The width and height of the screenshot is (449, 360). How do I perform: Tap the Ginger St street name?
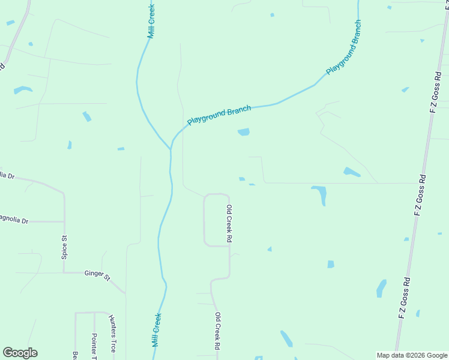click(98, 275)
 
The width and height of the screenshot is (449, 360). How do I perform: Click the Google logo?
click(20, 353)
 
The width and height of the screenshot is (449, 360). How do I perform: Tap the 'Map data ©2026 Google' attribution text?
click(412, 355)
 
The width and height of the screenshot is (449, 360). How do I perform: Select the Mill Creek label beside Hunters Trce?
click(157, 330)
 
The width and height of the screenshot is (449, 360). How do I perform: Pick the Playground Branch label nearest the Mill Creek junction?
click(218, 115)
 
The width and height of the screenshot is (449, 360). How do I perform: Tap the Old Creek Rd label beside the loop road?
click(229, 223)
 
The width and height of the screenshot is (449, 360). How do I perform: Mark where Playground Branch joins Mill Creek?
click(171, 148)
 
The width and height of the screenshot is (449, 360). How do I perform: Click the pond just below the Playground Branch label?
click(244, 132)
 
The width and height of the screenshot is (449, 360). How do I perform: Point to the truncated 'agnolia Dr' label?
click(14, 221)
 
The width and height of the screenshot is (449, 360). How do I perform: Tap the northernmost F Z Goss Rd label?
click(437, 91)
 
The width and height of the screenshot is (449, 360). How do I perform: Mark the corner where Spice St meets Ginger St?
click(64, 272)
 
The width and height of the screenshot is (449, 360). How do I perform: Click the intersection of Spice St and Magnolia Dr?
click(64, 221)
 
